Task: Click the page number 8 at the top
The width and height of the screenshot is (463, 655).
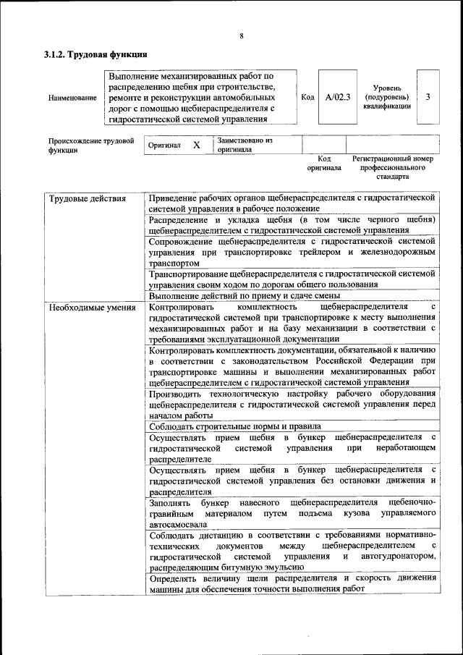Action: pyautogui.click(x=242, y=36)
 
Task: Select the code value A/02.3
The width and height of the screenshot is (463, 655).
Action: pyautogui.click(x=338, y=97)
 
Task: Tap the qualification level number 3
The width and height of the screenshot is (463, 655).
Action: pyautogui.click(x=428, y=97)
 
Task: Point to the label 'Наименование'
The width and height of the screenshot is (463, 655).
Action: pyautogui.click(x=72, y=98)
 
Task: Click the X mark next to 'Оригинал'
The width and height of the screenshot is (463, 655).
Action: pyautogui.click(x=196, y=145)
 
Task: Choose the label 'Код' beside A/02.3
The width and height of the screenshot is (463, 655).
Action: pyautogui.click(x=307, y=97)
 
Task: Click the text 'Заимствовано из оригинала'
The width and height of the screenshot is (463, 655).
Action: pyautogui.click(x=244, y=145)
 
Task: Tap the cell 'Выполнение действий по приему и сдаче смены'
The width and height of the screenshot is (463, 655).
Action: pyautogui.click(x=244, y=295)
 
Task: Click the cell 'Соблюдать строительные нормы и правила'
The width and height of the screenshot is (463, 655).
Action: pyautogui.click(x=234, y=426)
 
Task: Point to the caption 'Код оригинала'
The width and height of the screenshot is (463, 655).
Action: pyautogui.click(x=323, y=163)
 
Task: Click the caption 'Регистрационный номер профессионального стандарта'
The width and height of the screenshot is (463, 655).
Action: pyautogui.click(x=392, y=167)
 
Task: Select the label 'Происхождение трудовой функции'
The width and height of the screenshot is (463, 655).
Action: pyautogui.click(x=90, y=145)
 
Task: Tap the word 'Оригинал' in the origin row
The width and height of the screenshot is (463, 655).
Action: pyautogui.click(x=164, y=145)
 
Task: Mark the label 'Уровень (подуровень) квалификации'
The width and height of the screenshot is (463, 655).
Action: pyautogui.click(x=388, y=97)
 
